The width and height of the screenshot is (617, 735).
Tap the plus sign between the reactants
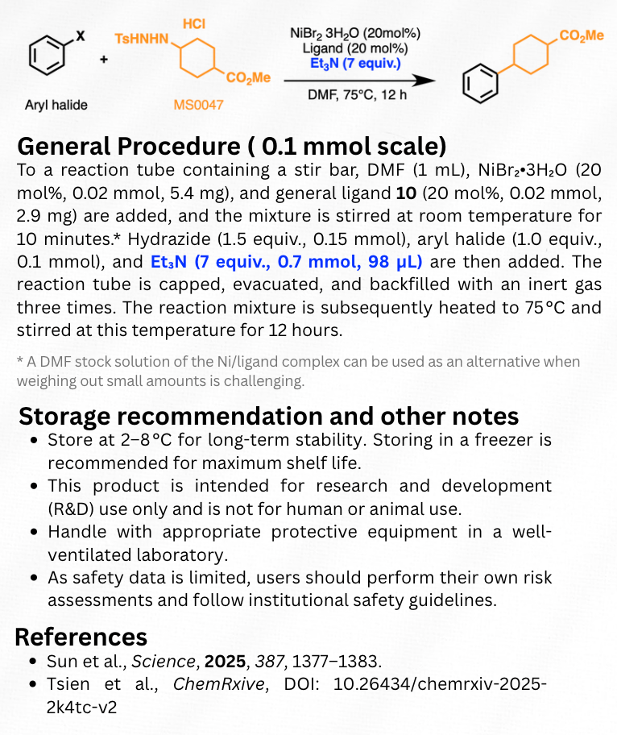[x=103, y=59]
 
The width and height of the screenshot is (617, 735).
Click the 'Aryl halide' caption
[x=56, y=105]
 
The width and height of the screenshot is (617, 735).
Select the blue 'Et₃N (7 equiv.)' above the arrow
[x=355, y=62]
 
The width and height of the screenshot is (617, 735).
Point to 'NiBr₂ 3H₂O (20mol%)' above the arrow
[x=355, y=33]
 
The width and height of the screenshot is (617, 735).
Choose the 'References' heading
[x=81, y=636]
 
